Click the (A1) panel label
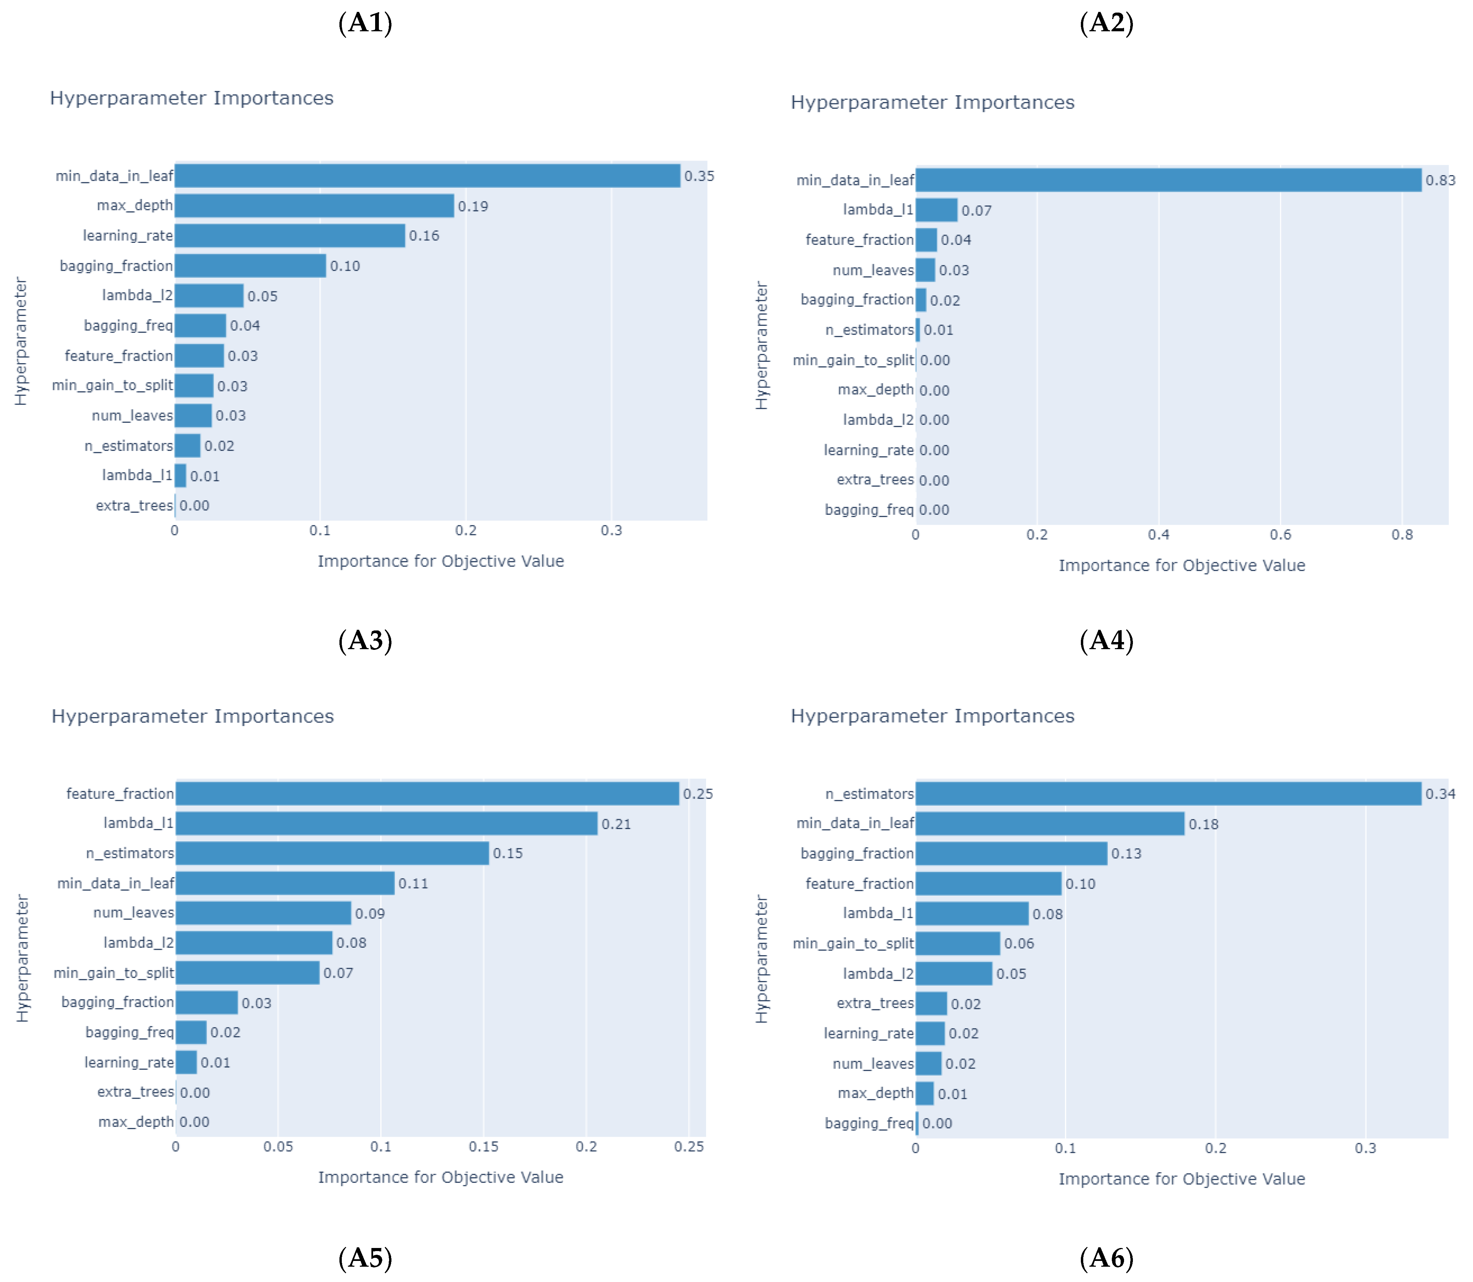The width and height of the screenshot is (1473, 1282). pos(365,23)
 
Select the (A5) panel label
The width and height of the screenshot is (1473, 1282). pos(365,1258)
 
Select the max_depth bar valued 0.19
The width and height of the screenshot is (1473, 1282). pos(314,206)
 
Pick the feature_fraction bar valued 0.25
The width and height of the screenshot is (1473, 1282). pos(427,793)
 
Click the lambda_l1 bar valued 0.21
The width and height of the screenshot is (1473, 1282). pos(386,823)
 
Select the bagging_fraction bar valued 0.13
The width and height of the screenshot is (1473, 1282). pos(1011,854)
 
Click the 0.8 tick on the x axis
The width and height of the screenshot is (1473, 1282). pos(1402,535)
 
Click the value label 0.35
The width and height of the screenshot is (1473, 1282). pos(699,176)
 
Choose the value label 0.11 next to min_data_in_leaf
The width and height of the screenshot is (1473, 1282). pos(413,883)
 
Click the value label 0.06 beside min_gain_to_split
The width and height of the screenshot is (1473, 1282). pos(1019,944)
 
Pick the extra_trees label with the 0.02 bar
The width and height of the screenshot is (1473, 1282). pos(875,1004)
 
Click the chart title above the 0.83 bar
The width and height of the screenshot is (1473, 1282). pos(932,102)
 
